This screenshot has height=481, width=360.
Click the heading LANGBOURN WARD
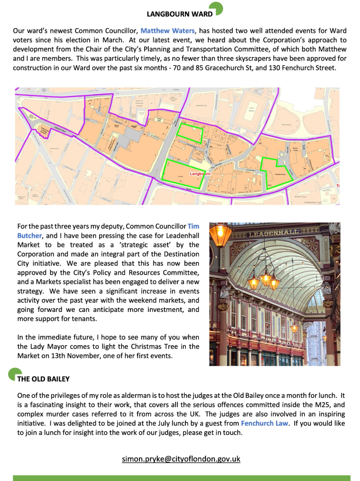pos(179,14)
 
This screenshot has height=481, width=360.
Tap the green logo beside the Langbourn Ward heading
pos(216,8)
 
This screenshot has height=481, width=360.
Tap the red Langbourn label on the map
pos(200,173)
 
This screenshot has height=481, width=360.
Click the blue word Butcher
pos(30,235)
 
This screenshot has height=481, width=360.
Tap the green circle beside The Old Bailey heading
pos(14,374)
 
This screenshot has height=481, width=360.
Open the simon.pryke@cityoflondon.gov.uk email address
pos(181,458)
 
